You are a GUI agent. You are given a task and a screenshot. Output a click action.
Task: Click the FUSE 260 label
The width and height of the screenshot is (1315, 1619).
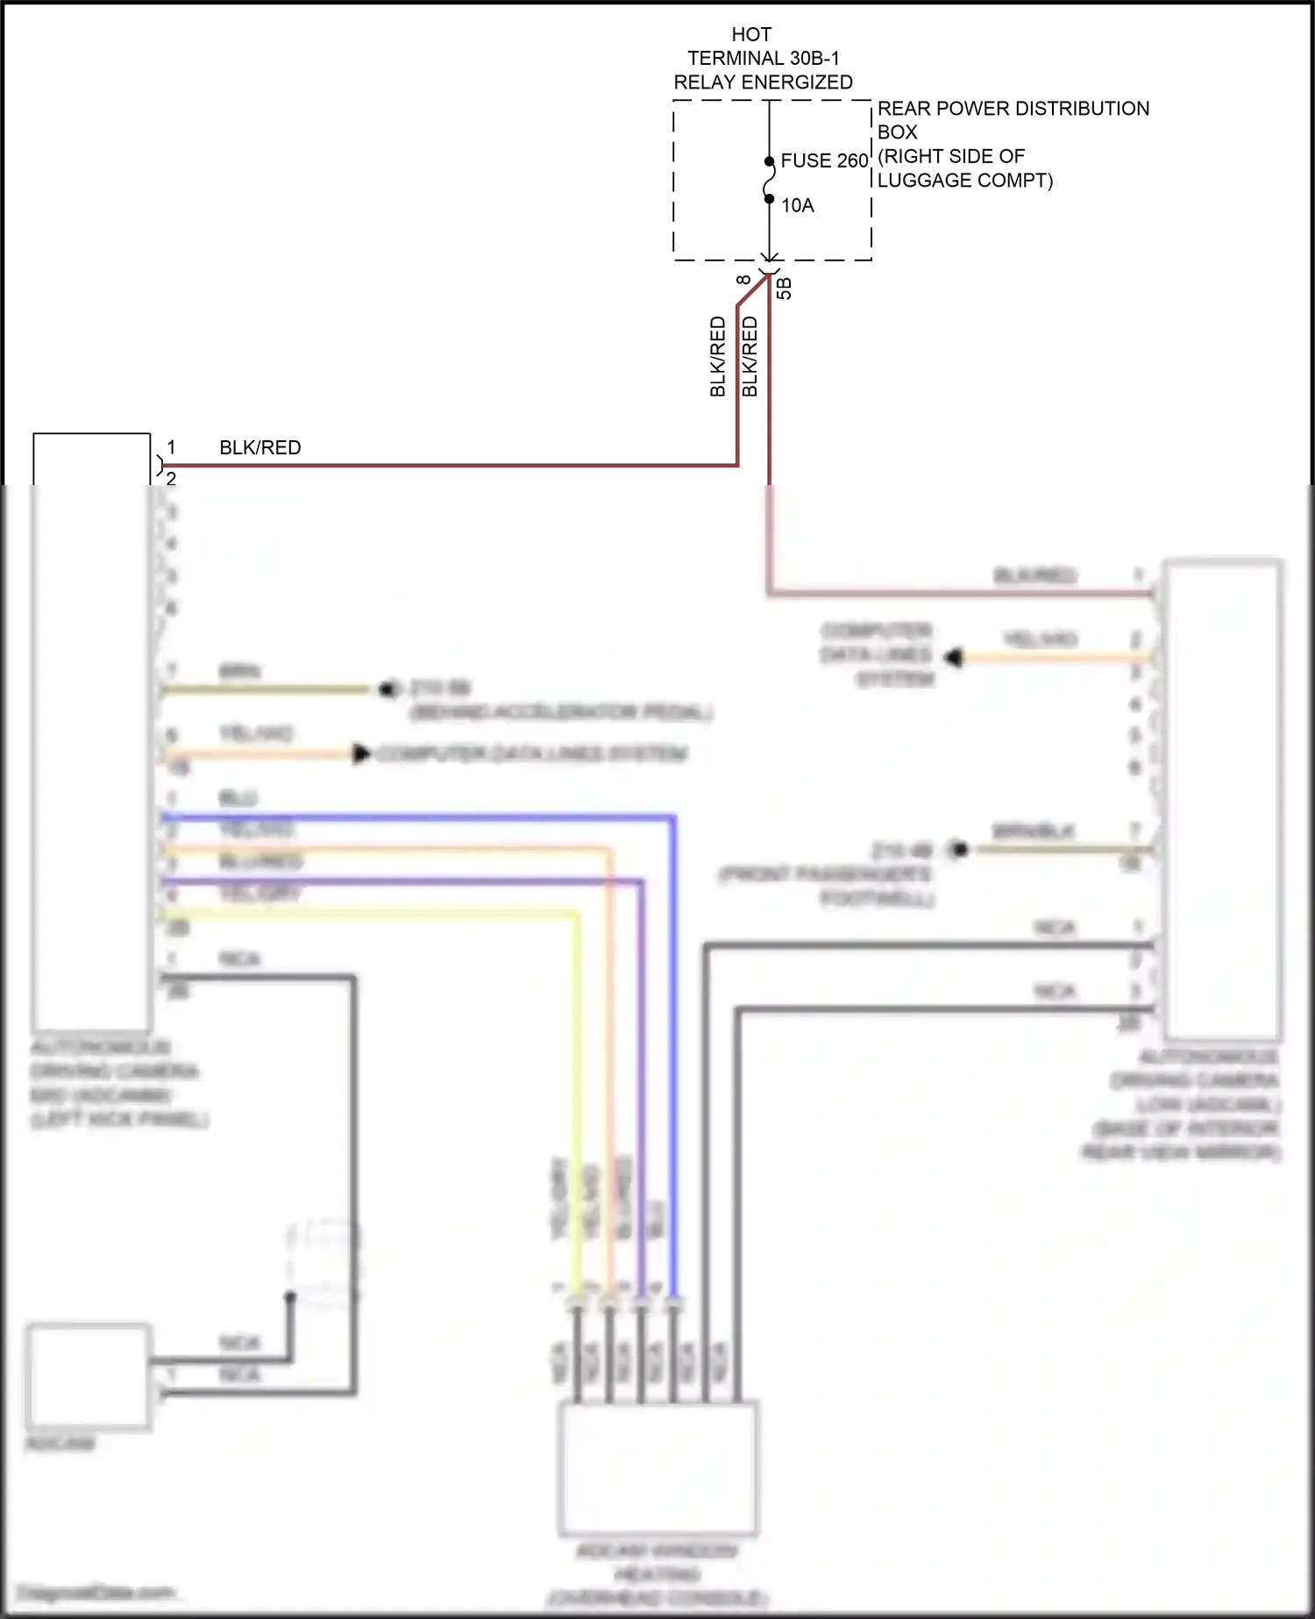tap(823, 160)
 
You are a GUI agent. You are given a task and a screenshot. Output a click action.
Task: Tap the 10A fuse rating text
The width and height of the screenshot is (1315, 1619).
tap(797, 205)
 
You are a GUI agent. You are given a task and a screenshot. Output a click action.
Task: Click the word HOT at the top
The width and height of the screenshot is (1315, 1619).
tap(751, 34)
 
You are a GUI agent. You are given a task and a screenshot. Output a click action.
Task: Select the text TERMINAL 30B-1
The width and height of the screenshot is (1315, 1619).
tap(763, 58)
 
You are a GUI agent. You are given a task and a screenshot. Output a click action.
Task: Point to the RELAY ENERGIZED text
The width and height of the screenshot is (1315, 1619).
tap(763, 82)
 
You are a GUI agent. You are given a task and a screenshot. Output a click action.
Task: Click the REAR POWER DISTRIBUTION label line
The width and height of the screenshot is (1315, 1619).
tap(1013, 108)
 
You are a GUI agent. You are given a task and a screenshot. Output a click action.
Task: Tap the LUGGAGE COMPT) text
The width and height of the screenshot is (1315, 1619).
tap(964, 180)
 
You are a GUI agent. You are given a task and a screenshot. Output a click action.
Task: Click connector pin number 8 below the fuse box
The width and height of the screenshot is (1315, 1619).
tap(743, 280)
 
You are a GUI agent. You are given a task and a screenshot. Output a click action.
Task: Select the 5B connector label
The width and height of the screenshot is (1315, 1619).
tap(785, 288)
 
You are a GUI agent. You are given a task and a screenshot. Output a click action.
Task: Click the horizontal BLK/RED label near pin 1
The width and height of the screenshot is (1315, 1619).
tap(259, 447)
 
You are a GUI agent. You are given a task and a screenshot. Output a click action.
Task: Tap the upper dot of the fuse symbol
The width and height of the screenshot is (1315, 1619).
tap(769, 161)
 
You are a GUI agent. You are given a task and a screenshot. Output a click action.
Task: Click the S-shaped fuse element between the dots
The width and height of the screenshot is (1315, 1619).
tap(769, 181)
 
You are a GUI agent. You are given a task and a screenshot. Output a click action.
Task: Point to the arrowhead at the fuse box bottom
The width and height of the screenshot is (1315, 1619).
tap(769, 257)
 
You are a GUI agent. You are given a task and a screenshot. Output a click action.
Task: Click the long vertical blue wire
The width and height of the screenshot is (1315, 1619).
tap(673, 1052)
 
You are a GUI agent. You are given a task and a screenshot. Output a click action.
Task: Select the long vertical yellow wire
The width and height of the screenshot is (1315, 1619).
tap(576, 1096)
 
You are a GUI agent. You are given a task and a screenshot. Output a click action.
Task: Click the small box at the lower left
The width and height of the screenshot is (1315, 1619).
tap(87, 1377)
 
